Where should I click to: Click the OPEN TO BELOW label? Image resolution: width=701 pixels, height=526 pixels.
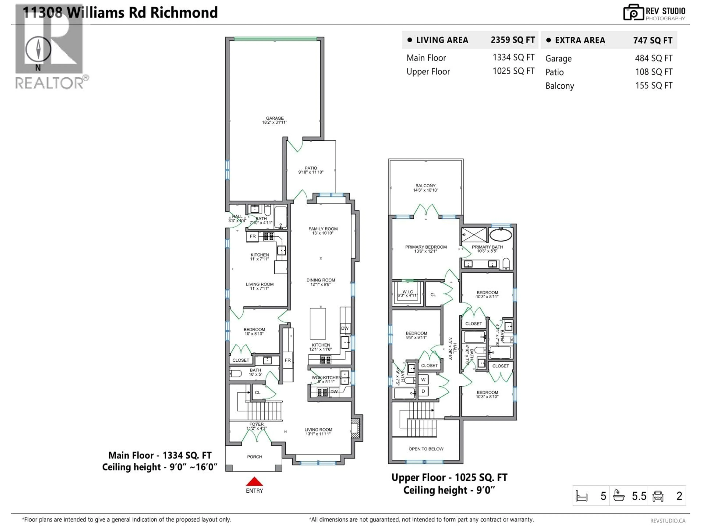pos(426,449)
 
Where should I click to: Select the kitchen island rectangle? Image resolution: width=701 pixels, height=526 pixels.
pos(317,323)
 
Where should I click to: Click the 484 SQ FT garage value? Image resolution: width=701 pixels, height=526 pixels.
pos(654,58)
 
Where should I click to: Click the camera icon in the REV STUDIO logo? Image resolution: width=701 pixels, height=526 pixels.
pos(633,13)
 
